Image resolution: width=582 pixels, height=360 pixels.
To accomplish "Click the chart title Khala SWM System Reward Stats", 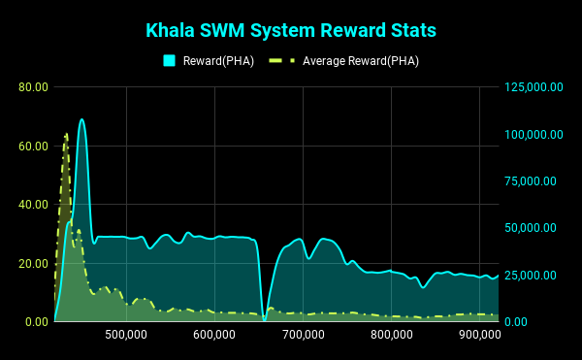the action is (291, 30).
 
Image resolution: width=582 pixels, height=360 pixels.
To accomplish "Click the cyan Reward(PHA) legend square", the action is (169, 60).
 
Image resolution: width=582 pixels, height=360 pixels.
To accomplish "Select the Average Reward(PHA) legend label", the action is (361, 61).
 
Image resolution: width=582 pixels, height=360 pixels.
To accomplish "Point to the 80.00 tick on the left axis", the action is (33, 87).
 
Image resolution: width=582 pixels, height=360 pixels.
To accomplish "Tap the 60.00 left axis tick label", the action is (33, 147).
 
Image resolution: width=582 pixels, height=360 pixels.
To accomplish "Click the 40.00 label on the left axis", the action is (33, 205).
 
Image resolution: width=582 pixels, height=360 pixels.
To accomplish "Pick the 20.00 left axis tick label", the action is (33, 264).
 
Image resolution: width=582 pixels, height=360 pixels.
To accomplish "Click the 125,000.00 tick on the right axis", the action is (533, 87).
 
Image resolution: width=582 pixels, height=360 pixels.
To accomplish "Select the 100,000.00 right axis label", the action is (533, 134).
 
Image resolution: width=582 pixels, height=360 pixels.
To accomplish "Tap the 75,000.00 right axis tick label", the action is (531, 181).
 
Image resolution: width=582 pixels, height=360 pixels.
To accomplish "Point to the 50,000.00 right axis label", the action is (531, 228).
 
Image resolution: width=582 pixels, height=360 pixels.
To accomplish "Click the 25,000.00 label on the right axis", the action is (531, 275).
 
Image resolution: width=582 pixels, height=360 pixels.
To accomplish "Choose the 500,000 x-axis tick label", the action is (126, 335).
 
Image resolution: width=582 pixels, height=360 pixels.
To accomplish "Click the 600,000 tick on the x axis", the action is (214, 335).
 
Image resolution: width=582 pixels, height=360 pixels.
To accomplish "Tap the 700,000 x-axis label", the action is (304, 335).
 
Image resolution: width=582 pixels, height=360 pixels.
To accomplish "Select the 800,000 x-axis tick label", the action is (392, 335).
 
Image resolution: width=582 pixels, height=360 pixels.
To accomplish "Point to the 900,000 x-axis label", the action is (480, 335).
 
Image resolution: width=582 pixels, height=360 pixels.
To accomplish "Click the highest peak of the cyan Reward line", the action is (81, 119).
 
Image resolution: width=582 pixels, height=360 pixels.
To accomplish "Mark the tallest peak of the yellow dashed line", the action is (66, 134).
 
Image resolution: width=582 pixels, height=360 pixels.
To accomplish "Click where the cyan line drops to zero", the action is (264, 320).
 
